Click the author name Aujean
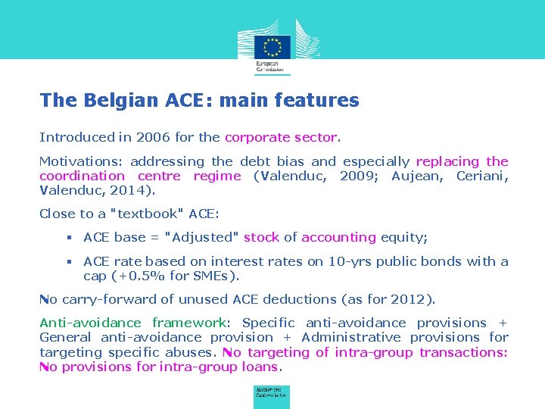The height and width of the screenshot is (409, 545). (x=416, y=176)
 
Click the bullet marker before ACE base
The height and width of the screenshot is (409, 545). (x=68, y=238)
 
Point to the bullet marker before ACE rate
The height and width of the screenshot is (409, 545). (x=68, y=261)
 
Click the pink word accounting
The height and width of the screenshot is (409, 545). (x=338, y=238)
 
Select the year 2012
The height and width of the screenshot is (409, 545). (x=410, y=299)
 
